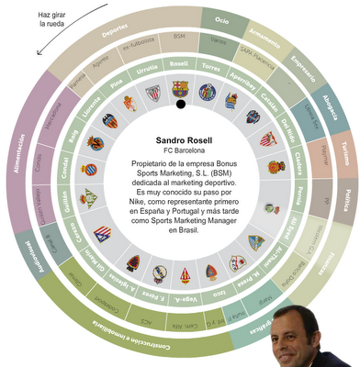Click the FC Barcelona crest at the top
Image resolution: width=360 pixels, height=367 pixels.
(179, 89)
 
